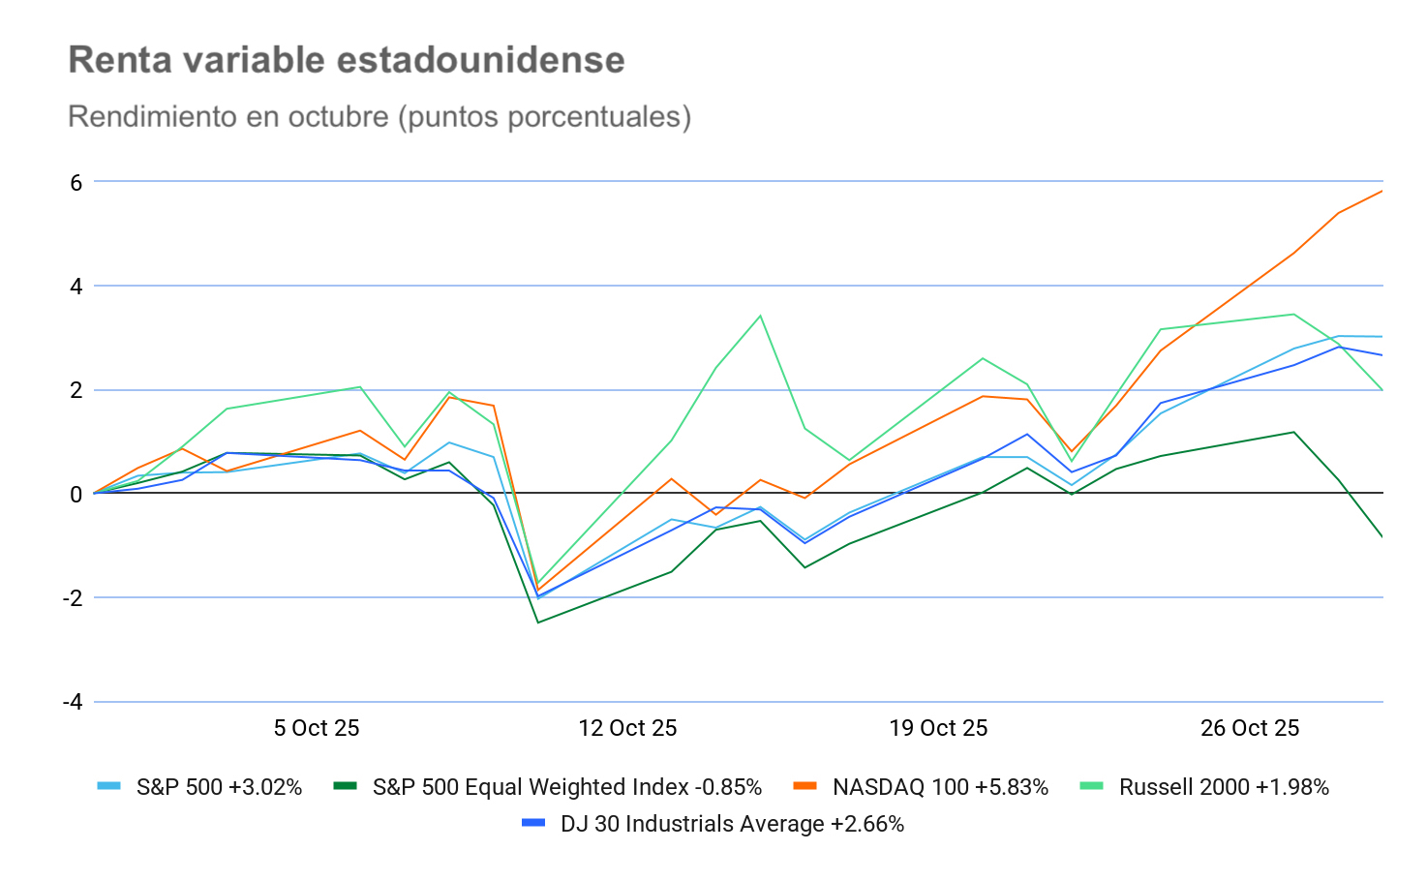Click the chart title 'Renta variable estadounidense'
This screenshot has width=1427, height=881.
pos(347,60)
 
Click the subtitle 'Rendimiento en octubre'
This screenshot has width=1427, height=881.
pos(379,117)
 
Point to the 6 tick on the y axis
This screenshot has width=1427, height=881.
pos(76,183)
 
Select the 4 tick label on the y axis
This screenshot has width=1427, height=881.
pos(76,287)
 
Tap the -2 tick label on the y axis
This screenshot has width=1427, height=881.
pos(72,598)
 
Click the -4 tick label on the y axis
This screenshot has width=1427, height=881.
pos(72,702)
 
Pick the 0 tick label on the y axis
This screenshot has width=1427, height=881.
pos(76,495)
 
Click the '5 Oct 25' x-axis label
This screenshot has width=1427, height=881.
pos(317,728)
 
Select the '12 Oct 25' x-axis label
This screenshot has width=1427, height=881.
pos(627,728)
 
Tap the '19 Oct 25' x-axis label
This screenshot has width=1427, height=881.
pos(938,728)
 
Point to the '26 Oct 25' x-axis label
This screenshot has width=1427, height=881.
pos(1250,728)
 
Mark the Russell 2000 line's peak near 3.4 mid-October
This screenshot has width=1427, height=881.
pos(760,316)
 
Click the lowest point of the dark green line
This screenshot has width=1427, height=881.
pos(538,623)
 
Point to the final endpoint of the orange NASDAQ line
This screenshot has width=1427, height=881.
pos(1381,191)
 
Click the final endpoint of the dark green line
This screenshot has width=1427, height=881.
pos(1381,536)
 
